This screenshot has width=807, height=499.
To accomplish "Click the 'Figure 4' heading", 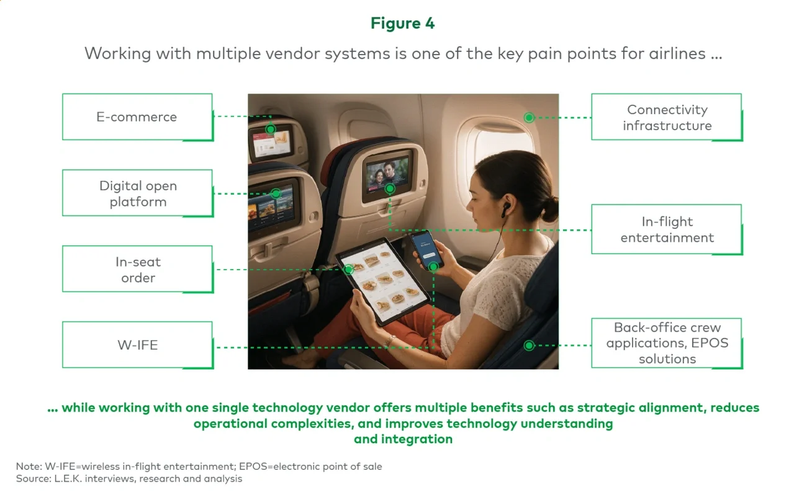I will (403, 24).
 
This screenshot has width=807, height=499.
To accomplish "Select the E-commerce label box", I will (137, 117).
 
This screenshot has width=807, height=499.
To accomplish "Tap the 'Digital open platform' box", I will (137, 193).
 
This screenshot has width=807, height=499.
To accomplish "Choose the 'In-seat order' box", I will (137, 270).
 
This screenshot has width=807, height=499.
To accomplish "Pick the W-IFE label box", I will (137, 345).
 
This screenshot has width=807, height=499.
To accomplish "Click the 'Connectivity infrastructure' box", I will (667, 117).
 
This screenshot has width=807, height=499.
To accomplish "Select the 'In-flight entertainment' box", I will (667, 229).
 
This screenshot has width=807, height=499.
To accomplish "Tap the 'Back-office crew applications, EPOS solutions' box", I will (667, 343).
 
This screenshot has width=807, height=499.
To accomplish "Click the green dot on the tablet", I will (349, 269).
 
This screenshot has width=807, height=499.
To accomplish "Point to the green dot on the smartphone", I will (433, 266).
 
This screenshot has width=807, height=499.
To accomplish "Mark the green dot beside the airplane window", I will (529, 117).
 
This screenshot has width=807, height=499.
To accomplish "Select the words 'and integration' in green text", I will (403, 439).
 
